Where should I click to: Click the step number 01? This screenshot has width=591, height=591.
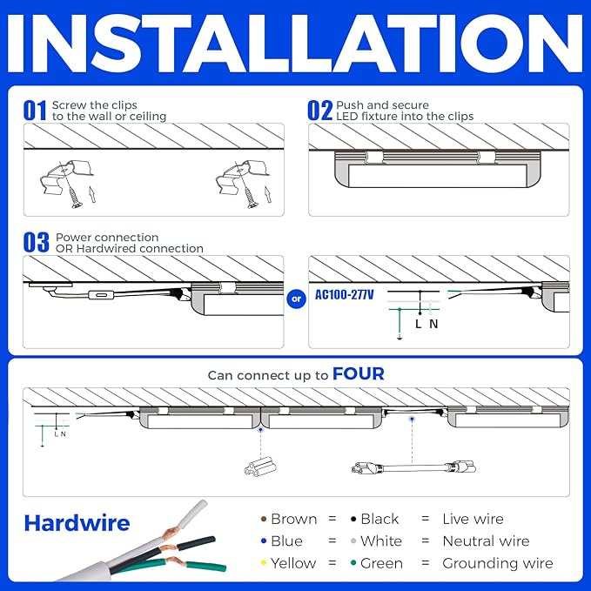[x=35, y=111]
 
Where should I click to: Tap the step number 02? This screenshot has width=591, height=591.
[x=319, y=111]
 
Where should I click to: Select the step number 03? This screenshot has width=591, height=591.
[x=37, y=243]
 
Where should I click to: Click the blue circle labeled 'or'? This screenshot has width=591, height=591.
[x=296, y=299]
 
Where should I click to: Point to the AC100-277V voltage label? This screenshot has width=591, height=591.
[x=345, y=295]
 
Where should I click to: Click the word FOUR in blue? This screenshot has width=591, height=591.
[x=359, y=374]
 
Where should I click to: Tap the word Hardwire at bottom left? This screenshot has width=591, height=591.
[x=77, y=523]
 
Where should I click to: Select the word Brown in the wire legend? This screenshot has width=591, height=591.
[x=293, y=519]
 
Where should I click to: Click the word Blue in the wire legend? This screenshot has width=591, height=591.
[x=286, y=541]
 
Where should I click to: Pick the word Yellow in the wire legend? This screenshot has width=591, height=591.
[x=293, y=563]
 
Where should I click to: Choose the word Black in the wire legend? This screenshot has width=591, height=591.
[x=379, y=519]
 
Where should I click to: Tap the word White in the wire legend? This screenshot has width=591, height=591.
[x=381, y=541]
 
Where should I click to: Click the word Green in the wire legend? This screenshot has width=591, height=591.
[x=381, y=563]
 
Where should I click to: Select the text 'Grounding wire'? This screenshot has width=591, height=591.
[x=497, y=563]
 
